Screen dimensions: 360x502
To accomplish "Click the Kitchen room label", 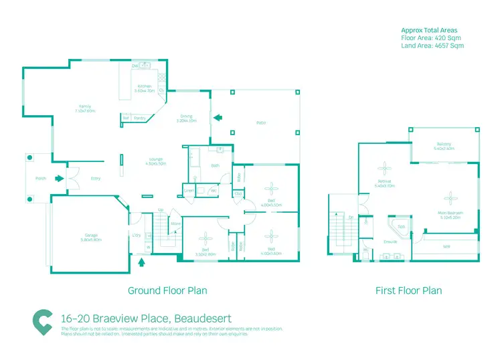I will click(145, 86).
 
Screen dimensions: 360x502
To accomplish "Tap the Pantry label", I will click(140, 118).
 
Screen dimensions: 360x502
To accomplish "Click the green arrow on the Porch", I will click(60, 179).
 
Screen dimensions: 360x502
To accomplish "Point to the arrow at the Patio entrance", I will click(217, 119).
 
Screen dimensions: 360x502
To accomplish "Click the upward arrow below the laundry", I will click(141, 262).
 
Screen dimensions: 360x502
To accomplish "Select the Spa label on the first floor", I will click(401, 227).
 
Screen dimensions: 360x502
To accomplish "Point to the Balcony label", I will click(444, 144).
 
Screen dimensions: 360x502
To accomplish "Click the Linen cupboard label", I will click(189, 191).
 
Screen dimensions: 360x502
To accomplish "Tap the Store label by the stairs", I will click(175, 223).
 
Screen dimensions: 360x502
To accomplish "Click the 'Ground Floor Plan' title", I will click(167, 290).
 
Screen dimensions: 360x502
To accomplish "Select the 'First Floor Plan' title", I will click(408, 290).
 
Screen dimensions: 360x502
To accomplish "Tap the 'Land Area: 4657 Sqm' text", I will click(432, 46).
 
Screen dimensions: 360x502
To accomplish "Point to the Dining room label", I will click(186, 118).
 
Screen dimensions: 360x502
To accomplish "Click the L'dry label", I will click(137, 235).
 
